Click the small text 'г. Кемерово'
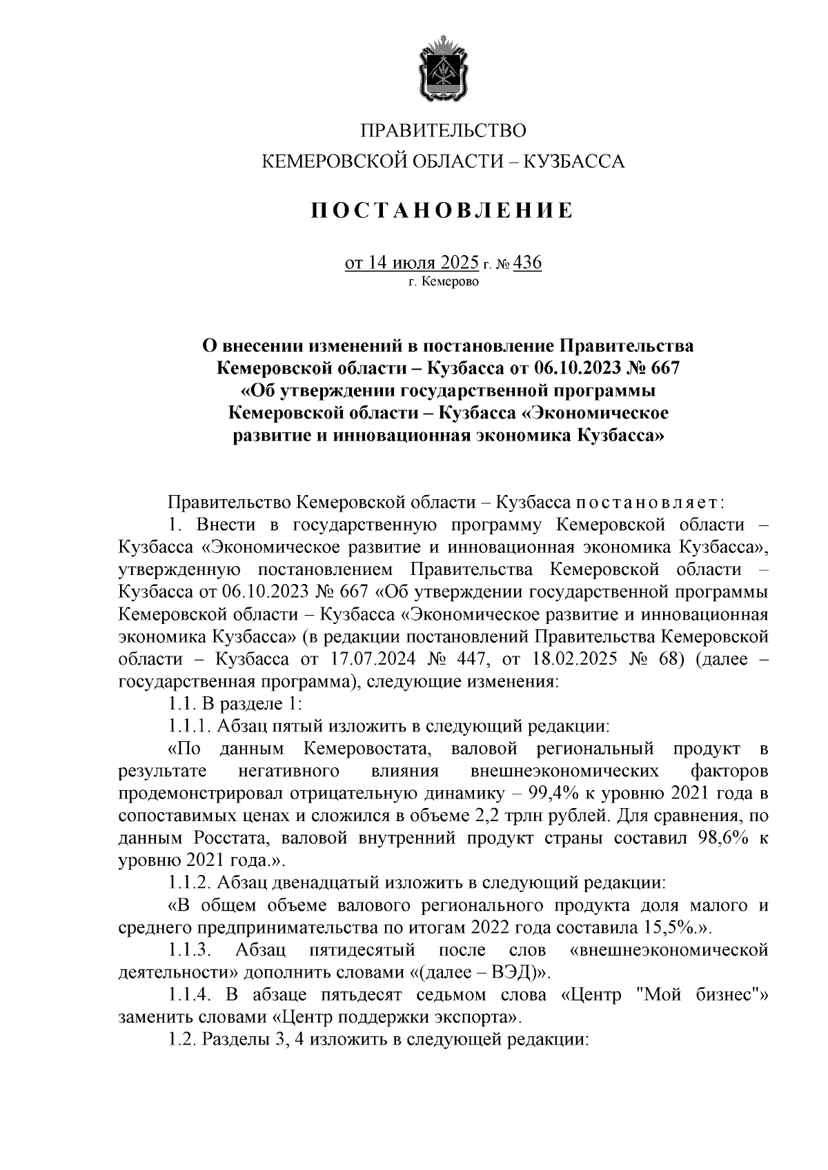[443, 281]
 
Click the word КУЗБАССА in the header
[575, 163]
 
